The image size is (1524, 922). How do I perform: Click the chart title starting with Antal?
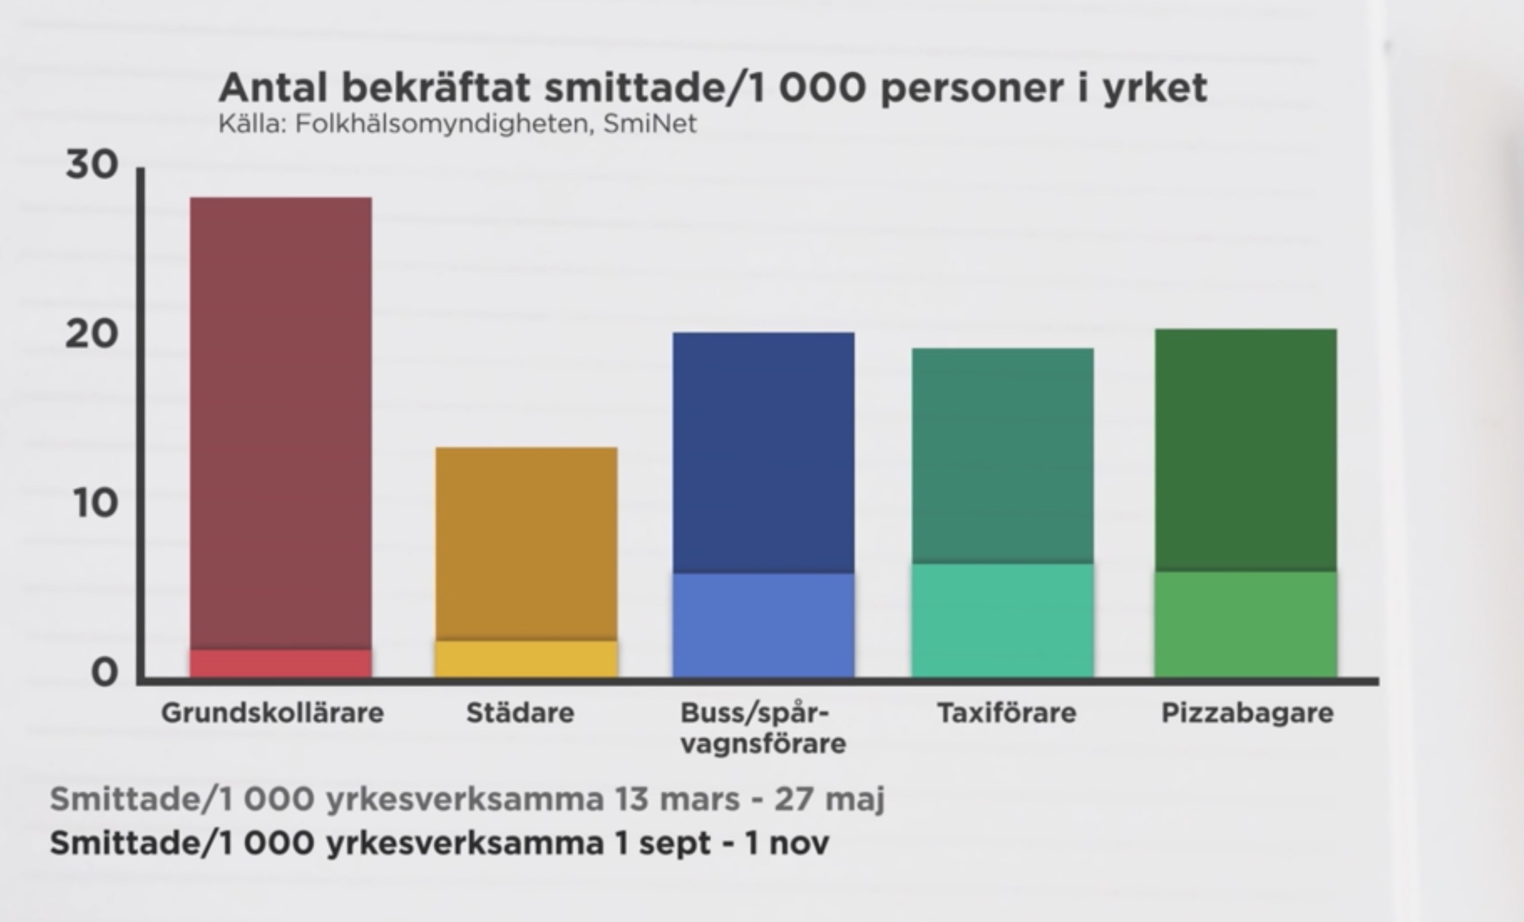coord(712,88)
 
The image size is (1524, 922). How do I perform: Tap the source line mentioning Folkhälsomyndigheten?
coord(457,124)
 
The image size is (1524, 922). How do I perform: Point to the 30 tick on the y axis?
coord(92,165)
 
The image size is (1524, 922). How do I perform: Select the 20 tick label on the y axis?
coord(92,334)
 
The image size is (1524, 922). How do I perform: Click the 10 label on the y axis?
coord(95,503)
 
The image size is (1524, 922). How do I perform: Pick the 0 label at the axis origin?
coord(104,672)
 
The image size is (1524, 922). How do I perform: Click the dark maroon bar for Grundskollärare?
coord(281,422)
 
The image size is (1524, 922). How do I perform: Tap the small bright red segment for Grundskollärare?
coord(281,664)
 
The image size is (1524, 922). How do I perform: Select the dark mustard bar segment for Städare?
coord(526,542)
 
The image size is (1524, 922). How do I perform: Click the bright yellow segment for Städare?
coord(526,660)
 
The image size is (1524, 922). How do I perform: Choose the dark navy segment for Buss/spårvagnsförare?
coord(763,452)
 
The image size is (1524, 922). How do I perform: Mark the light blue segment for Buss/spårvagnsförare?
coord(763,625)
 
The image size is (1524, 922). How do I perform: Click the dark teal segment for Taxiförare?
coord(1002,455)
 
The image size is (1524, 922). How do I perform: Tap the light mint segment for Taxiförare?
coord(1002,621)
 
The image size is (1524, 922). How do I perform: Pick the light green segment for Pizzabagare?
coord(1245,624)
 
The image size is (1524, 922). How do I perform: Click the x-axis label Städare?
coord(520,712)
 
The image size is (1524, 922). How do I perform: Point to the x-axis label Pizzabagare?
coord(1247,712)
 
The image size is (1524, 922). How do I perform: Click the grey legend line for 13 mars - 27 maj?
coord(467,799)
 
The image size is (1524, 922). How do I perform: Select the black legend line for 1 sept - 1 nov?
coord(439,843)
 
